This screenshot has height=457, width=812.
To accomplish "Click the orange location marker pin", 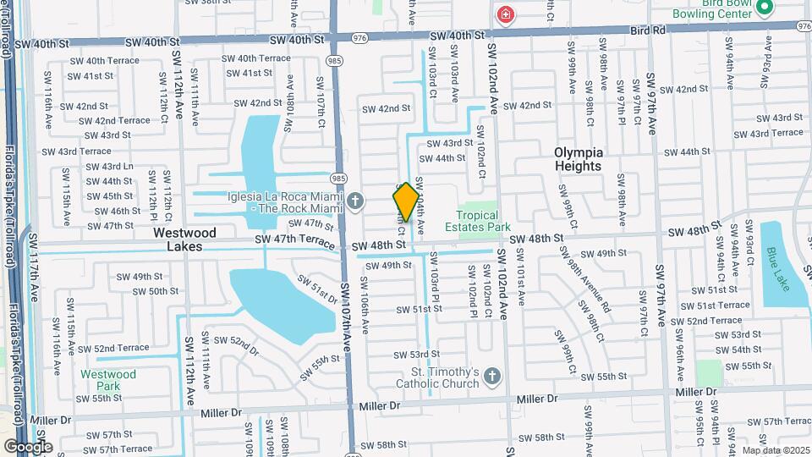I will point(405,202).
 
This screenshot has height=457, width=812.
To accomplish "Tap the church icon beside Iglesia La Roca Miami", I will point(356,201).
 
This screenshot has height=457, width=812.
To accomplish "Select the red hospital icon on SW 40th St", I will point(506,15).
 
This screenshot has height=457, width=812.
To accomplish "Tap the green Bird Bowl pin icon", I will point(765,8).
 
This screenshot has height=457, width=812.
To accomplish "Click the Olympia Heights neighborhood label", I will point(579,158).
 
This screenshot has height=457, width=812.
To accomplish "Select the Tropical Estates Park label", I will point(484,221).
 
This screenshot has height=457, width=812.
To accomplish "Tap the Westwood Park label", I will point(108,379).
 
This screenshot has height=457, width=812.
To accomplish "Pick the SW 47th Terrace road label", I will point(302,241).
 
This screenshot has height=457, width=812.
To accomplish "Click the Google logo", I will point(28,446).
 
